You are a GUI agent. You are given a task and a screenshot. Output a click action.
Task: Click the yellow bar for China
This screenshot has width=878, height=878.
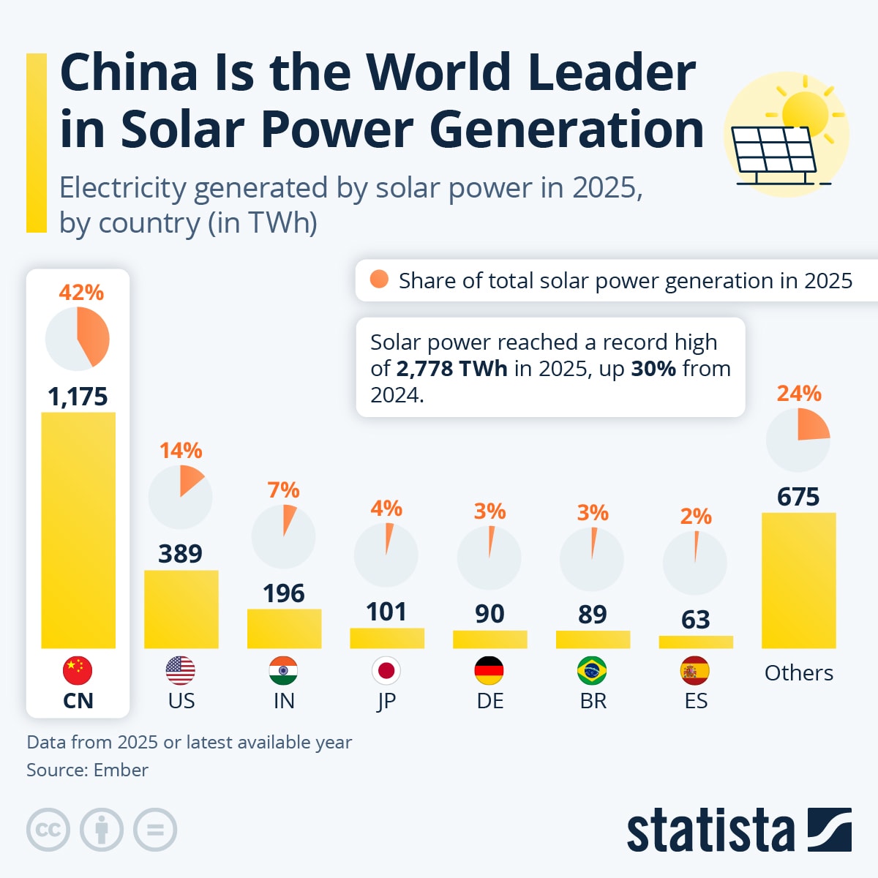[x=78, y=530]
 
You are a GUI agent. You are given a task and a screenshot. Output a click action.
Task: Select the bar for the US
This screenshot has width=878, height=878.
[x=181, y=609]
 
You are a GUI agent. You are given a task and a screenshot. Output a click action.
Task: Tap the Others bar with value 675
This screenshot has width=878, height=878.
[x=798, y=580]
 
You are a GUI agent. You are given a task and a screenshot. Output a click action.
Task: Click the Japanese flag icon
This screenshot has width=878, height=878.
[x=386, y=670]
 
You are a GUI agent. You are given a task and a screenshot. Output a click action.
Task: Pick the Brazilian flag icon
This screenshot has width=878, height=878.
[x=592, y=670]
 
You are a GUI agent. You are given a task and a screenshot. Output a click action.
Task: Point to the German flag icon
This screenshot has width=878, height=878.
[x=489, y=670]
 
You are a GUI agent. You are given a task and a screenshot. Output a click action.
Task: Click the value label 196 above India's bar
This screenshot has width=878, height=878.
[x=284, y=593]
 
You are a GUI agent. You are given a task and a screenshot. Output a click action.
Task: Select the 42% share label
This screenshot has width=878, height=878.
[x=81, y=293]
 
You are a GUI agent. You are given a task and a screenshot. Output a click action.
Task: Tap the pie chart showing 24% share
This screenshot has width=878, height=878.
[x=798, y=440]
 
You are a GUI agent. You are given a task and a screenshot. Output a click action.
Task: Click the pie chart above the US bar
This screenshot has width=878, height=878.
[x=180, y=497]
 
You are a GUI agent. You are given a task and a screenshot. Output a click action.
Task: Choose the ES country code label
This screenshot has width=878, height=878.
[x=696, y=701]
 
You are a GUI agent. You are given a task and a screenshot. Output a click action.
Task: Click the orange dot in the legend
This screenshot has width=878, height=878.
[x=379, y=279]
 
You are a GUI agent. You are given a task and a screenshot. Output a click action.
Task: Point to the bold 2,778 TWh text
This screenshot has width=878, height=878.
[x=451, y=368]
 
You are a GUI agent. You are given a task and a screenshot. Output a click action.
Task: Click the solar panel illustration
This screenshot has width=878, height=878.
[x=773, y=153]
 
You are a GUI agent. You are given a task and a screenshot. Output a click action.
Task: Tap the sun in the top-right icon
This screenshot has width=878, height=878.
[x=805, y=113]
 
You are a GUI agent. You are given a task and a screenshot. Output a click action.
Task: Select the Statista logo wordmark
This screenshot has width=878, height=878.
[x=710, y=830]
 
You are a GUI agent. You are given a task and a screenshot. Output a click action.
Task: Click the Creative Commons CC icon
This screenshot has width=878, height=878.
[x=48, y=830]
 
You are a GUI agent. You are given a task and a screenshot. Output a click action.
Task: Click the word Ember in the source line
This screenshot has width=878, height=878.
[x=121, y=770]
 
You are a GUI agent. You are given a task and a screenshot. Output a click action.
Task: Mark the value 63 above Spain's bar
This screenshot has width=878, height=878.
[x=695, y=620]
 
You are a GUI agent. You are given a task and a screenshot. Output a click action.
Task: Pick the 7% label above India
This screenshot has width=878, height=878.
[x=283, y=489]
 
